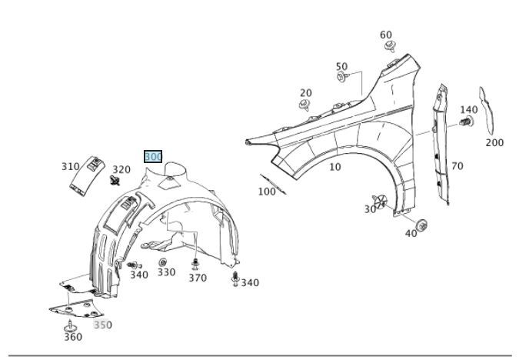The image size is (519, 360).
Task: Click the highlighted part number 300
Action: pos(153,157)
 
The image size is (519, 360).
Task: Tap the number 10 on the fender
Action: pos(334,167)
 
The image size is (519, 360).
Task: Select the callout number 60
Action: pos(386,35)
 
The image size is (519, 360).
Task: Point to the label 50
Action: pos(341,67)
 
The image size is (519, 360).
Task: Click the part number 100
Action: pos(266,192)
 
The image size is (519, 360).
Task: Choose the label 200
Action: pos(494,142)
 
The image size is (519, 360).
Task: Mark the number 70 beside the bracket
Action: pos(457,165)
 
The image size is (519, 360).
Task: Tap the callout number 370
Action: pos(198,278)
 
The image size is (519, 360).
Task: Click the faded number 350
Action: pos(102,325)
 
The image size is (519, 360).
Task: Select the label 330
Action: pos(166,272)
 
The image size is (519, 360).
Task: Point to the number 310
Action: pos(71,166)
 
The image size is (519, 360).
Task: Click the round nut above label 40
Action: pos(421,225)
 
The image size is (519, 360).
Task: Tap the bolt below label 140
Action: pos(465,122)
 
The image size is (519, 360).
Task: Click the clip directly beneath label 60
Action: pos(391,48)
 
